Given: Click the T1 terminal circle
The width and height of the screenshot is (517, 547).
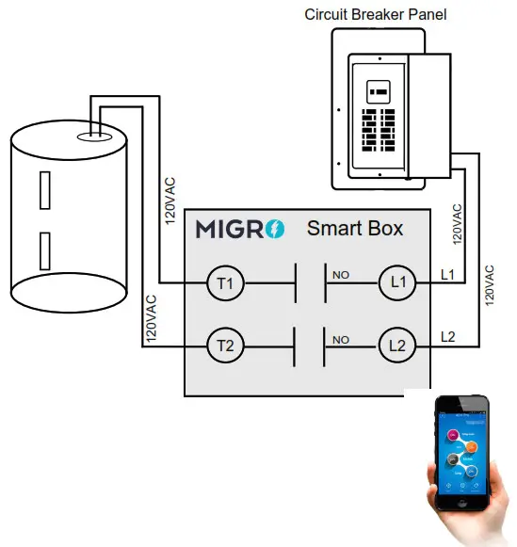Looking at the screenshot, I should click(224, 282).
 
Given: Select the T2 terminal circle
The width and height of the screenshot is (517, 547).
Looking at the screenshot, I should click(224, 346).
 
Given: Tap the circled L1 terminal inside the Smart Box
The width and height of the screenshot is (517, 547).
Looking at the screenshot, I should click(397, 282).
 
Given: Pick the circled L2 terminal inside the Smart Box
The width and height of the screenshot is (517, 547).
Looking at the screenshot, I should click(397, 346).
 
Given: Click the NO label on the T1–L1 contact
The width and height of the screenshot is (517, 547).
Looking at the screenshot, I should click(340, 275).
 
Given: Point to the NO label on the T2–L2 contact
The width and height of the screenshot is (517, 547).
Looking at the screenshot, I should click(340, 339).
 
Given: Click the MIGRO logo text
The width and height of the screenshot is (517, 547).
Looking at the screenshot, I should click(229, 229).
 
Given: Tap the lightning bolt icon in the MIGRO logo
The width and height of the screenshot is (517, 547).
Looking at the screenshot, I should click(274, 229).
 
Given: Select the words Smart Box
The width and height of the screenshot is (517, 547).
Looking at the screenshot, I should click(354, 228).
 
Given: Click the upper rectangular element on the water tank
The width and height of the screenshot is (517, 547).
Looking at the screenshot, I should click(43, 191).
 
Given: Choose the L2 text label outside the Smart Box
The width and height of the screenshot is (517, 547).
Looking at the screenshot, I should click(449, 336).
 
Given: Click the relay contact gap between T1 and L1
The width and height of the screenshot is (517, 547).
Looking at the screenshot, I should click(311, 282).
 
